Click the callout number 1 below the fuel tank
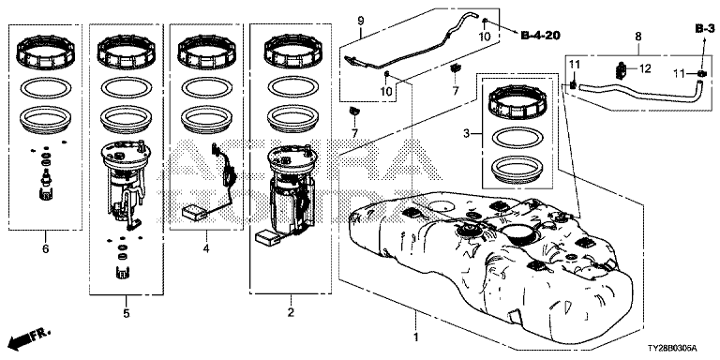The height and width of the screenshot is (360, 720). [x=416, y=337]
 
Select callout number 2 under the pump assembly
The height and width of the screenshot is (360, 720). [x=291, y=313]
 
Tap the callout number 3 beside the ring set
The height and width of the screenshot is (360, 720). [x=466, y=134]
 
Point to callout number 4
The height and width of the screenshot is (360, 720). [x=206, y=248]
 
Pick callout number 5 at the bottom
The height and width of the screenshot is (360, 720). [x=127, y=314]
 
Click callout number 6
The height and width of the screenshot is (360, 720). [x=45, y=248]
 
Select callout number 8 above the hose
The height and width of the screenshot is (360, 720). [x=637, y=36]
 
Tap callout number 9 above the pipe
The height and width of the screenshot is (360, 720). [x=360, y=21]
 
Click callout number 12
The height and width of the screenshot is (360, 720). [x=645, y=68]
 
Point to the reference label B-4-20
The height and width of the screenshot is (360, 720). [x=540, y=35]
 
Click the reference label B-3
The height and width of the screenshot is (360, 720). [x=704, y=29]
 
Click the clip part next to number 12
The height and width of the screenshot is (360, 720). [x=621, y=71]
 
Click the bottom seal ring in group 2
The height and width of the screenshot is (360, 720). [x=292, y=119]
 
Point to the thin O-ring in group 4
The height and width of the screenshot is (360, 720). [x=206, y=87]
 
